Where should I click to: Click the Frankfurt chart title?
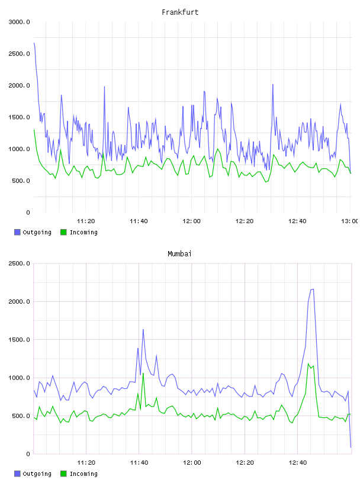(180, 12)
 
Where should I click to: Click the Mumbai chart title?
(179, 254)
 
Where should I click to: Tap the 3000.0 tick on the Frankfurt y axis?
(20, 22)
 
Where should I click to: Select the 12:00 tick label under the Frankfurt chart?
(191, 221)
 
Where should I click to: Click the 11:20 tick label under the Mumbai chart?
(86, 463)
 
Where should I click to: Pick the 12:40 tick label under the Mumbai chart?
(297, 463)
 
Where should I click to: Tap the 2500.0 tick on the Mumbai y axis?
(20, 263)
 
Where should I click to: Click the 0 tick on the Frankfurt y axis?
(28, 212)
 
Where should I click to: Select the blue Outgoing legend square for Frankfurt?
(17, 232)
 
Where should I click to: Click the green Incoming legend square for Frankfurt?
(63, 232)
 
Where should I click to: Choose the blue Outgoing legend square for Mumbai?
(17, 474)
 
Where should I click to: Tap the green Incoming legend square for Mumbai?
(63, 474)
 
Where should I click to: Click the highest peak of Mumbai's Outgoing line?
(313, 289)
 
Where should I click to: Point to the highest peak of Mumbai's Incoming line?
(308, 364)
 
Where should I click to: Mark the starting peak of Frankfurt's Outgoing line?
(34, 43)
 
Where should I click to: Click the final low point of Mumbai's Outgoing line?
(351, 447)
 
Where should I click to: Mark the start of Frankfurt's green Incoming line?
(34, 130)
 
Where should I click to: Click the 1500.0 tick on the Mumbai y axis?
(20, 340)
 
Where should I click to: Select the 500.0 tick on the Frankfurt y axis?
(21, 181)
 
